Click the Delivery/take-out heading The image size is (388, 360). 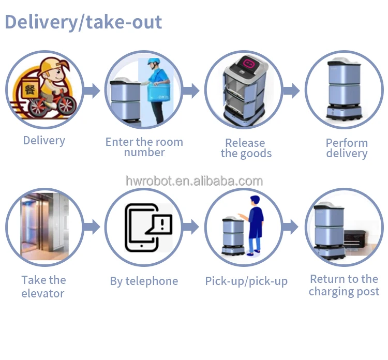83,23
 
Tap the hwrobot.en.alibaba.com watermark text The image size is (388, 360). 194,181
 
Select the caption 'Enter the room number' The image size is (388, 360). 144,147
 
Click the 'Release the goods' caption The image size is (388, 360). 246,148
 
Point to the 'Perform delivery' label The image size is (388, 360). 347,148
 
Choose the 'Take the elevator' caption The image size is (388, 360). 43,287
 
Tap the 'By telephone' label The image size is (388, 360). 144,281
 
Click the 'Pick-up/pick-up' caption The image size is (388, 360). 246,281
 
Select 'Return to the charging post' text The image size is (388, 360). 344,286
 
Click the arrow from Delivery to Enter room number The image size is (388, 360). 92,91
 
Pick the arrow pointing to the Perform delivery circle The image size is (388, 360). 291,91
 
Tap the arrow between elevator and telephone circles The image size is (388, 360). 92,227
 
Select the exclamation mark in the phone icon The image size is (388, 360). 162,224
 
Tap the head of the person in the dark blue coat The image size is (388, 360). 255,200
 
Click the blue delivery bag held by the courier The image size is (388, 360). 159,92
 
